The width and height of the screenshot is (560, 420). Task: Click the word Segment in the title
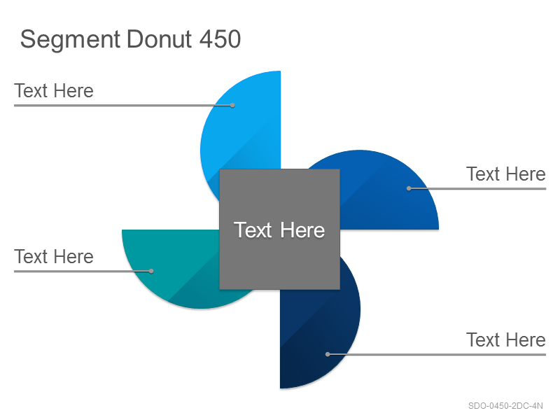[70, 40]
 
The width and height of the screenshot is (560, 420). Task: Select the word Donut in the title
[160, 38]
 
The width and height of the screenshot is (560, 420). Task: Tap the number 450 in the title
[220, 38]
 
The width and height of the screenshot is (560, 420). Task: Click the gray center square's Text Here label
[279, 230]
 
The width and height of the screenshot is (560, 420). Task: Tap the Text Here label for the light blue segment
[54, 91]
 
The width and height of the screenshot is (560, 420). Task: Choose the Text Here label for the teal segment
[54, 256]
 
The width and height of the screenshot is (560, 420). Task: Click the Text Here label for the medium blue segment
[506, 174]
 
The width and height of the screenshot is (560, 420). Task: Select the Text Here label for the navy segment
[506, 339]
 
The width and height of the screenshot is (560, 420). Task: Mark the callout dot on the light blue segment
[232, 106]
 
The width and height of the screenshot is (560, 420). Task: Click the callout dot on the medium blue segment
[409, 188]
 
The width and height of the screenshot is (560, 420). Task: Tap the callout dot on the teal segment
[151, 271]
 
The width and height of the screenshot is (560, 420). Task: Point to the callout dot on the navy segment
[328, 354]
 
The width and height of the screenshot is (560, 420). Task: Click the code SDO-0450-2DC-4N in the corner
[505, 406]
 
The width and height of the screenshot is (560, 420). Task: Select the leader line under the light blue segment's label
[123, 106]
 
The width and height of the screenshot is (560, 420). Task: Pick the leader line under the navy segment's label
[437, 354]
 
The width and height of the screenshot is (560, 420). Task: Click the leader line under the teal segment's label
[83, 271]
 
